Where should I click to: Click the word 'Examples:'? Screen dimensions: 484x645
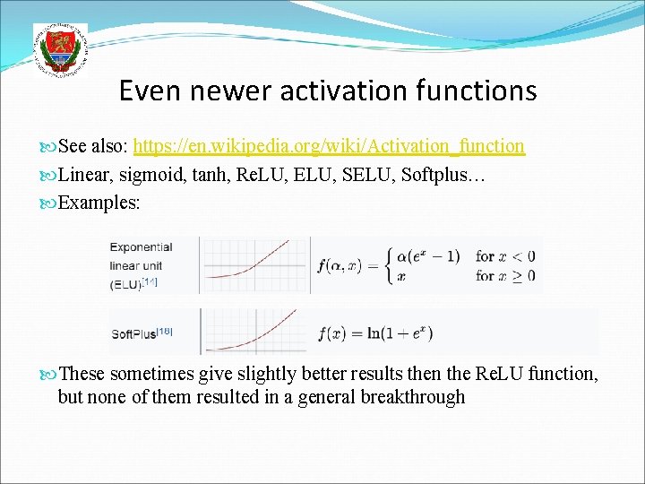(99, 203)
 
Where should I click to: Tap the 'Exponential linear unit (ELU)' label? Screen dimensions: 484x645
(141, 265)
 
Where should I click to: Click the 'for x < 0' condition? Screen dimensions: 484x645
(505, 256)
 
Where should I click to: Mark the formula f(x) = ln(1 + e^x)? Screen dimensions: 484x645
(375, 333)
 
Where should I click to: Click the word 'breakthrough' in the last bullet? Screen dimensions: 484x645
(412, 397)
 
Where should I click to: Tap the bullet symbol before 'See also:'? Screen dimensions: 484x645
(49, 146)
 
